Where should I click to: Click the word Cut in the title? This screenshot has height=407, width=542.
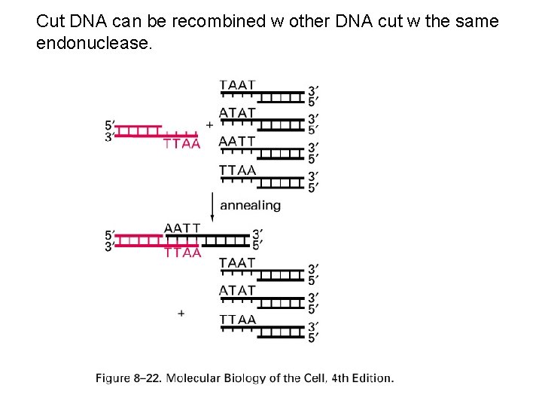pos(50,22)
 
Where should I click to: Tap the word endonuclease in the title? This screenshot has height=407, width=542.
pos(93,44)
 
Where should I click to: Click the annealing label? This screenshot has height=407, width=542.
pos(250,205)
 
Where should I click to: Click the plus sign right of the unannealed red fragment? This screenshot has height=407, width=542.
pos(209,124)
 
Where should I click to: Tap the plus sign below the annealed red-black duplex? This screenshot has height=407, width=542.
pos(181,312)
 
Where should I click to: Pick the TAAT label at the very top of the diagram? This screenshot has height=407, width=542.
pos(237,85)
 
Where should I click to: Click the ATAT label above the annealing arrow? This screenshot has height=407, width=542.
pos(237,113)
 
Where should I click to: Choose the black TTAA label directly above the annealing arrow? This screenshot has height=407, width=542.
pos(237,170)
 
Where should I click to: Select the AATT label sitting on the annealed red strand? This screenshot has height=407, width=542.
pos(182,228)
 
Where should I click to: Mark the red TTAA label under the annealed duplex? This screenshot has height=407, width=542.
pos(182,253)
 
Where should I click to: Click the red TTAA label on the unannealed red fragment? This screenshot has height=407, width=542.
pos(182,144)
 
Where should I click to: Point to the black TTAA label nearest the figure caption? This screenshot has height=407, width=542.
pos(237,320)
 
